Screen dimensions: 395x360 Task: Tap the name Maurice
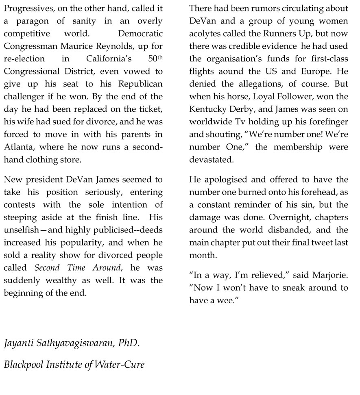(96, 46)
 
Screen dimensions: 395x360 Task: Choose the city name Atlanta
(18, 147)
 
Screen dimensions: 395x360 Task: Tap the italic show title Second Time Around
(77, 268)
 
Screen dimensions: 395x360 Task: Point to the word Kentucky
(207, 109)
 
